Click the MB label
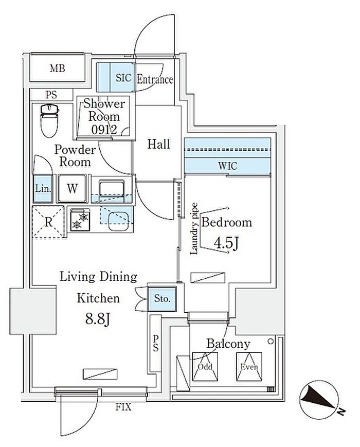(x=57, y=68)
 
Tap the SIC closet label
(x=123, y=79)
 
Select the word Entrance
(x=154, y=79)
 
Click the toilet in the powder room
(x=49, y=119)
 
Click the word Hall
(x=158, y=145)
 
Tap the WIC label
(x=227, y=166)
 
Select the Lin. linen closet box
(x=43, y=188)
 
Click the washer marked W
(x=73, y=188)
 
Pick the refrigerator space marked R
(x=48, y=222)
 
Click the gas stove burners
(x=79, y=220)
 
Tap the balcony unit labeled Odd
(x=205, y=367)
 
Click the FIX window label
(x=123, y=407)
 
